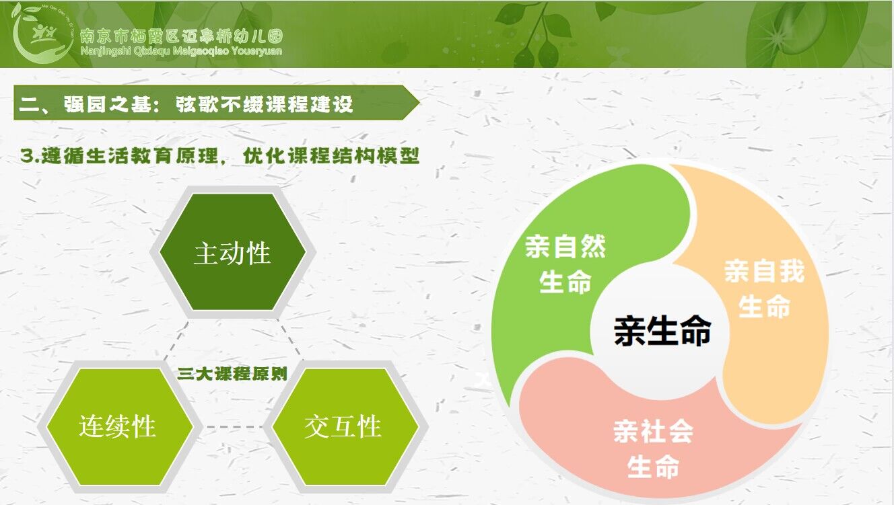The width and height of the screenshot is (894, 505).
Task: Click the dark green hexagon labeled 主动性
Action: point(233,252)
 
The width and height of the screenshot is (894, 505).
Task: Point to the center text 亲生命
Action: point(662,331)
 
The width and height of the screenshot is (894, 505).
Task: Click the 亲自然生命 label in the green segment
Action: point(565,264)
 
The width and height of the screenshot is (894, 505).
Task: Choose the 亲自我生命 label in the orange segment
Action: point(764,288)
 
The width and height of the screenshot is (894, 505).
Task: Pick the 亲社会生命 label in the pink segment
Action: point(654,449)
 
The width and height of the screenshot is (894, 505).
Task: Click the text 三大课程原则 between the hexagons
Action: point(232,374)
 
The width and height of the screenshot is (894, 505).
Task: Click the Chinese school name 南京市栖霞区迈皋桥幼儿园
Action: point(182,36)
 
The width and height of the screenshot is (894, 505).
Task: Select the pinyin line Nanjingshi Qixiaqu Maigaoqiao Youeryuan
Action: point(181,51)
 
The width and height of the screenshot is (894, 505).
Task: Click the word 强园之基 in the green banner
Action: point(107,104)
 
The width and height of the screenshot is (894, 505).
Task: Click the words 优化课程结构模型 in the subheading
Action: point(331,156)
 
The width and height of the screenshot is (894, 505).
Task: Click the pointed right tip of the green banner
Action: point(419,103)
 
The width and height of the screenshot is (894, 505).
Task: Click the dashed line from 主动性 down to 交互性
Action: point(289,340)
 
